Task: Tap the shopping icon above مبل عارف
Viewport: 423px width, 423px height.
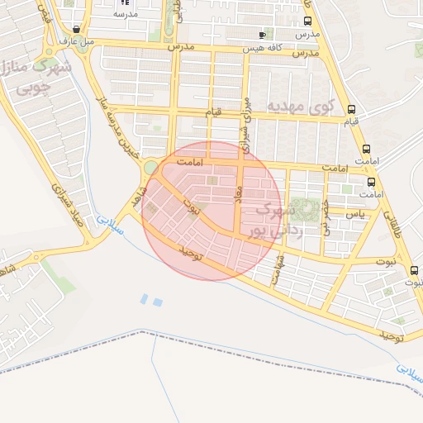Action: click(77, 28)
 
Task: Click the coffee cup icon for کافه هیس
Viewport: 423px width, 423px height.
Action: click(263, 35)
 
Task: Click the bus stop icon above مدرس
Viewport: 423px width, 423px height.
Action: click(307, 22)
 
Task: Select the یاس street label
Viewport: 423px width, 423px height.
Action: click(354, 213)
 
